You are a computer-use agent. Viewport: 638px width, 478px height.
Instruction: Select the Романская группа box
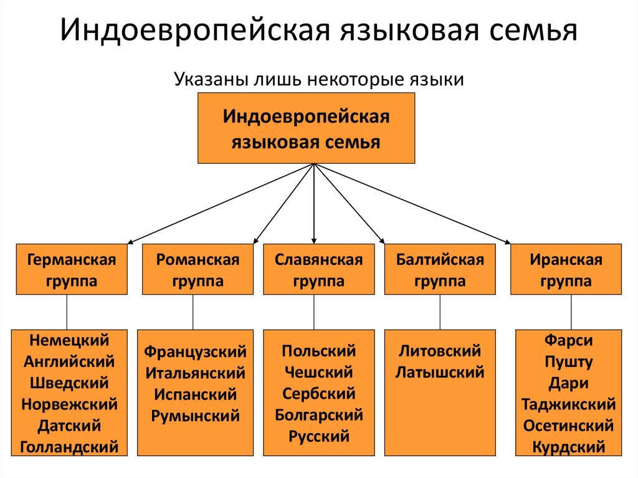198,269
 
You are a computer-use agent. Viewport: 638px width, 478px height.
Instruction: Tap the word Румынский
196,416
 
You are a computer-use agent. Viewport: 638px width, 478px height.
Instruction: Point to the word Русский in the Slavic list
318,436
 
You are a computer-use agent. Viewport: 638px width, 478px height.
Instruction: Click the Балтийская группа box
440,269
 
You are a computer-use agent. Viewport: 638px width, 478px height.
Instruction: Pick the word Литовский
440,351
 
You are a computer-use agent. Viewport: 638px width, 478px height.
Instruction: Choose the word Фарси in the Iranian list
568,340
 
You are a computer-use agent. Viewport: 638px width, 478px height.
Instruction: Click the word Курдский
568,447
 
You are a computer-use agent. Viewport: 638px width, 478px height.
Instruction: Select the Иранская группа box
566,269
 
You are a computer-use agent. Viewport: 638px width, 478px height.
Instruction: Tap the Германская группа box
72,269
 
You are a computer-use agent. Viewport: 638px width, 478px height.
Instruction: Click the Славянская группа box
318,269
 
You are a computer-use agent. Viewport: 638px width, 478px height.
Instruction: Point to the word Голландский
69,447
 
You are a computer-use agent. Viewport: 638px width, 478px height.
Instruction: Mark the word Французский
196,351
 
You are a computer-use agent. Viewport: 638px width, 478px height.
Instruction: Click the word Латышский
440,373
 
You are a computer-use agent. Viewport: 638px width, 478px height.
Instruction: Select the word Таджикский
568,404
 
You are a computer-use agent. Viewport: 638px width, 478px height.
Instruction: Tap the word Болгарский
318,414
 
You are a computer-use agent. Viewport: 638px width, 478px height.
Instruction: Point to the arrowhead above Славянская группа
314,239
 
